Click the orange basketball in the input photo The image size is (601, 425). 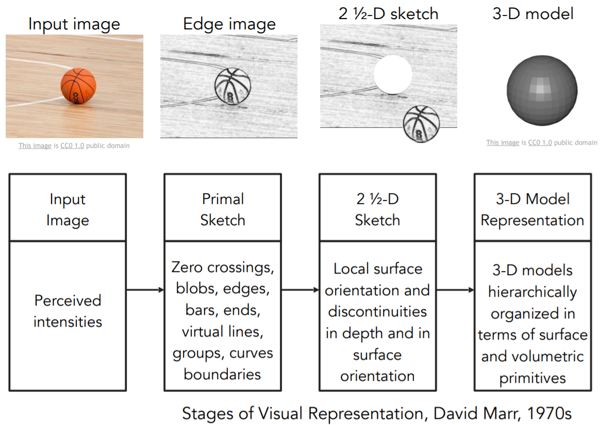coord(78,88)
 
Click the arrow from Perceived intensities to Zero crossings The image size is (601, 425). coord(145,290)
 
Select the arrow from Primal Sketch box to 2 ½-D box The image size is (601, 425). coord(300,290)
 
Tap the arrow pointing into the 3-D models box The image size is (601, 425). coord(455,290)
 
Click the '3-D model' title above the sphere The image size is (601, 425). coord(533,13)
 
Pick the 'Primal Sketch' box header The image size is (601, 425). coord(223,209)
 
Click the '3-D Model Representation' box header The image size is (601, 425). coord(532,209)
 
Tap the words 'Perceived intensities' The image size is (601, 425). coord(68,311)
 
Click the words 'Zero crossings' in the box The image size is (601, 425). coord(223,267)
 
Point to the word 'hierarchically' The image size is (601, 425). coord(532,292)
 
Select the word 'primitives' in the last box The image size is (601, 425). coord(532,378)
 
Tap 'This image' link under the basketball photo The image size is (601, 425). coord(35,146)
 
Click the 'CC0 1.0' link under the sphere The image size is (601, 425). coord(540,143)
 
